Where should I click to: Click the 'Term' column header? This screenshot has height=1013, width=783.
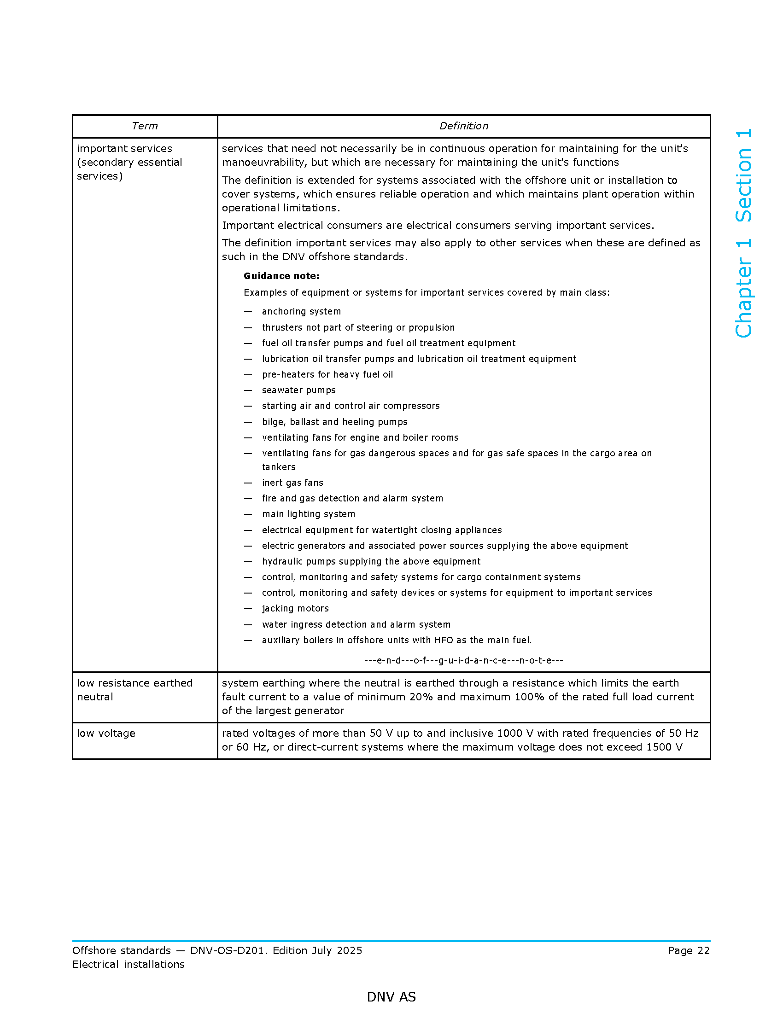[x=145, y=126]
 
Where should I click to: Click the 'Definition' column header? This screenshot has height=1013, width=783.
[x=463, y=126]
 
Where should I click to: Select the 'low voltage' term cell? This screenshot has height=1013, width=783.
[x=106, y=734]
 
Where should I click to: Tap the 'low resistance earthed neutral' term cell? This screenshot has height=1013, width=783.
[x=134, y=690]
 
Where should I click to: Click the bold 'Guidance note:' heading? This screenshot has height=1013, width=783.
[x=281, y=276]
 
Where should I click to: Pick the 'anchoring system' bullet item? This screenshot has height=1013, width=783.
[x=301, y=312]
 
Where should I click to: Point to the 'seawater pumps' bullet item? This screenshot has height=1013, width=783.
[x=299, y=390]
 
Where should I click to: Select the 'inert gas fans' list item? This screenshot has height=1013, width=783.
[x=292, y=483]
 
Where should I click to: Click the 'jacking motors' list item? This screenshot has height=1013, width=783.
[x=295, y=609]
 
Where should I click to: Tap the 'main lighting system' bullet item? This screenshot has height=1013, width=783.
[x=309, y=514]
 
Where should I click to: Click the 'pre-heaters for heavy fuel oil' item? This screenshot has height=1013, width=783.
[x=327, y=375]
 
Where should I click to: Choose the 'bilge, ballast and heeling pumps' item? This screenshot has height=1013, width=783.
[x=334, y=422]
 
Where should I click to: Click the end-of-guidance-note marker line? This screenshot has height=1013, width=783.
[x=463, y=660]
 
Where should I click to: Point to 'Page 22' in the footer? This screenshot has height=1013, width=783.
[x=689, y=951]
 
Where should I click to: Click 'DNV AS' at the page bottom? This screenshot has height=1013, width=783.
[x=391, y=997]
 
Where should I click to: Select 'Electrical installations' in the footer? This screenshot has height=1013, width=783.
[x=129, y=965]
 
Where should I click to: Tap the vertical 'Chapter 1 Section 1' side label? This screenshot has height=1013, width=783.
[x=743, y=233]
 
